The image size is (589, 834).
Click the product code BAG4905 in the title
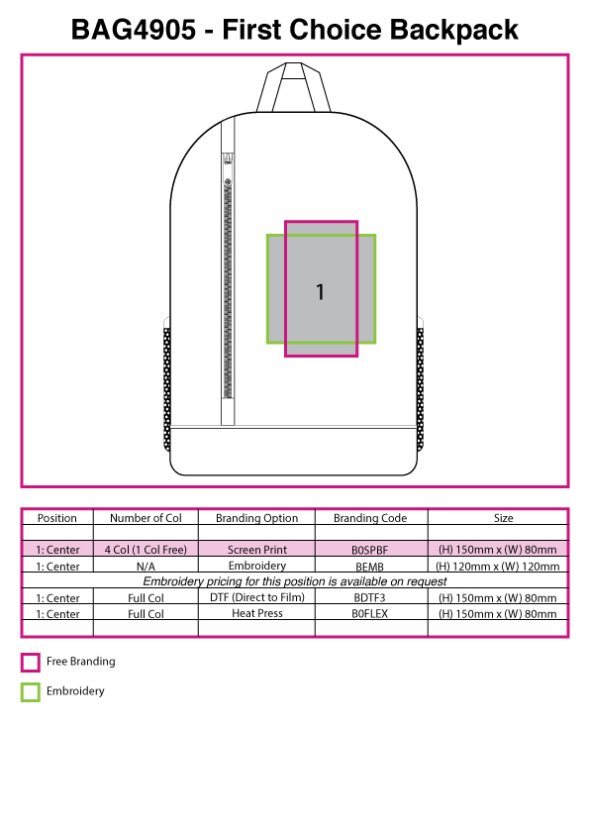point(134,30)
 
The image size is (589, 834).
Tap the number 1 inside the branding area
point(320,291)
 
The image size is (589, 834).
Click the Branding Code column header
point(370,518)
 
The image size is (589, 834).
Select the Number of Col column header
point(146,518)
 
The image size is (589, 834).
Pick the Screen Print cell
point(256,550)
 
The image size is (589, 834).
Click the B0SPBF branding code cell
point(370,550)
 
